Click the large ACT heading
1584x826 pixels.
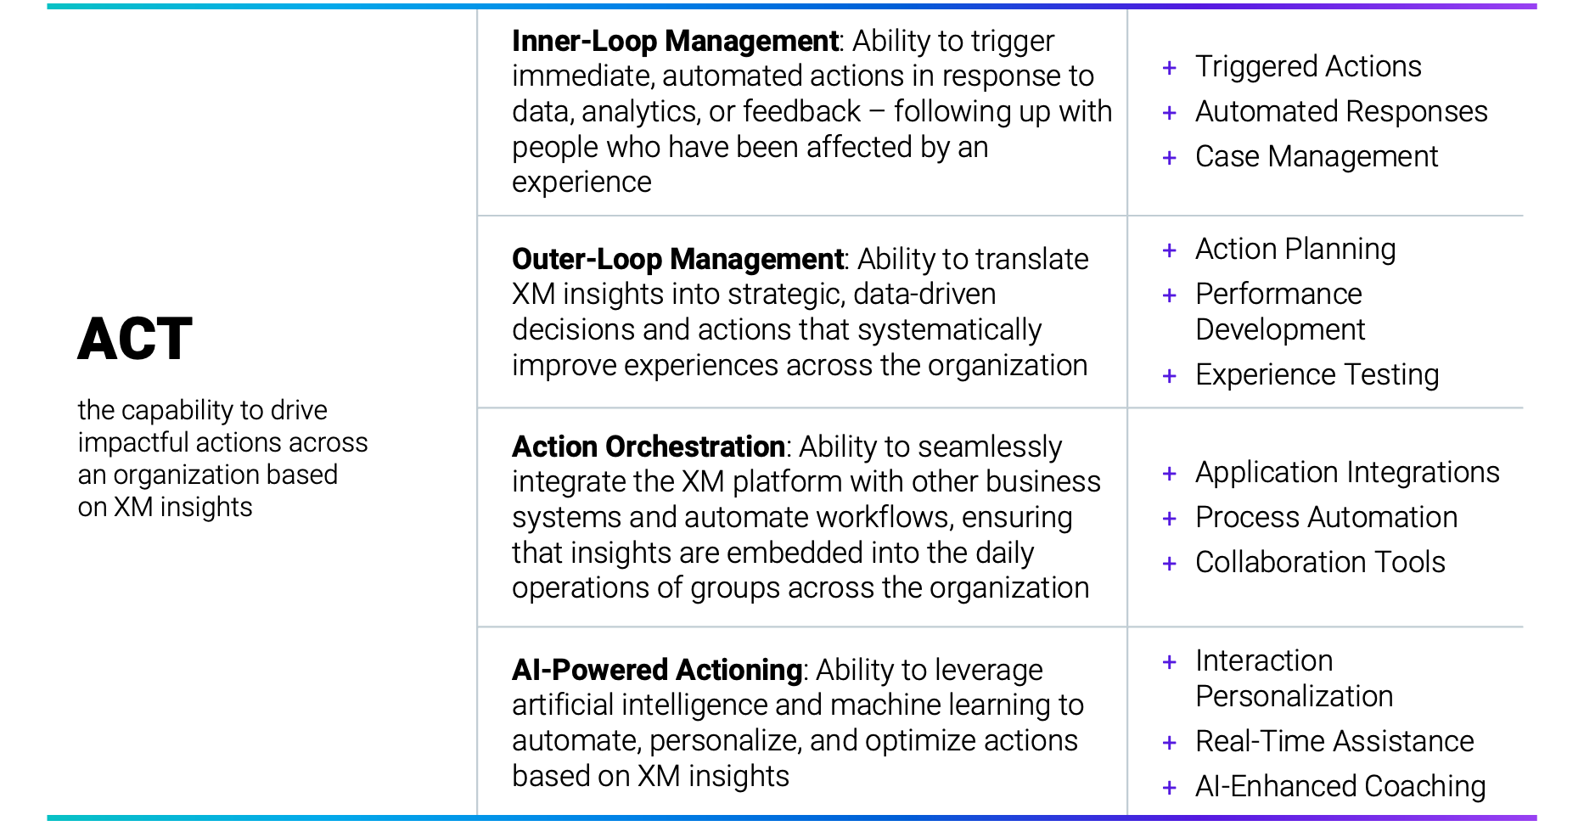click(135, 340)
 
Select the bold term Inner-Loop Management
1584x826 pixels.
click(676, 41)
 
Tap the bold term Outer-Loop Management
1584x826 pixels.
click(678, 259)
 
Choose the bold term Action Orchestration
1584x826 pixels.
click(649, 447)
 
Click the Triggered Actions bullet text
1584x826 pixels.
click(1308, 66)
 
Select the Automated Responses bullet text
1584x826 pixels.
click(1341, 111)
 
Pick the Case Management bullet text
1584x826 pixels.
click(1317, 156)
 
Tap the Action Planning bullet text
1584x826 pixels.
click(1295, 249)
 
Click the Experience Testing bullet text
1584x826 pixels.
click(1317, 374)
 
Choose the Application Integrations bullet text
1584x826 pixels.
click(1347, 472)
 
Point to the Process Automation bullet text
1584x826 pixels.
click(1326, 517)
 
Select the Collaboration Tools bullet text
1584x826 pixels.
click(1320, 562)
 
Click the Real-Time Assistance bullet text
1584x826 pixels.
click(1334, 741)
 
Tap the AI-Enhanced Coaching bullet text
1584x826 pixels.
click(1340, 786)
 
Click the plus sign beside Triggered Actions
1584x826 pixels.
click(1169, 68)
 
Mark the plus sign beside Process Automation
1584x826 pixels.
click(1169, 519)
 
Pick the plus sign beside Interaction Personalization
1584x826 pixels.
click(1169, 662)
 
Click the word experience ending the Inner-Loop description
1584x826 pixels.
click(581, 183)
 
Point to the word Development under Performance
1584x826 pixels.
click(1280, 329)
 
